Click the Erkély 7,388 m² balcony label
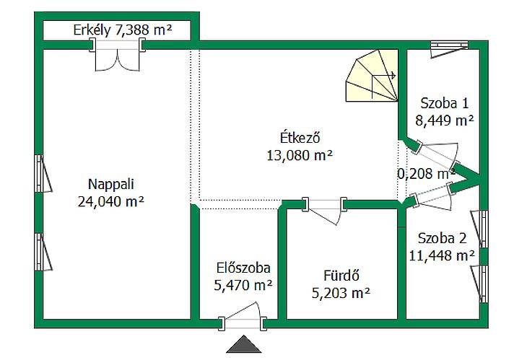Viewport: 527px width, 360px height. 123,30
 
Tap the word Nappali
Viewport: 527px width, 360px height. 111,185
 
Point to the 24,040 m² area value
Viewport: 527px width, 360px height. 111,202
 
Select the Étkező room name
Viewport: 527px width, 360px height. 300,138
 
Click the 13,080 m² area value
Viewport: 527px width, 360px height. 300,156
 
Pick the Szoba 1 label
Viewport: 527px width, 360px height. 444,103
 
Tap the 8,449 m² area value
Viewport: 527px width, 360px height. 444,120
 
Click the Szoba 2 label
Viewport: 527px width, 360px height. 443,238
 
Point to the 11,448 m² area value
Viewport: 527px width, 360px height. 443,256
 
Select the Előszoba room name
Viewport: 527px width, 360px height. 243,268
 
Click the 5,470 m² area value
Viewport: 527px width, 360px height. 243,286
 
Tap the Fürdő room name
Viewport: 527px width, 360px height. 341,276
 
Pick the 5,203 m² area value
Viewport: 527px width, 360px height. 341,293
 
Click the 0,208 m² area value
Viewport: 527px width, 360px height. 426,174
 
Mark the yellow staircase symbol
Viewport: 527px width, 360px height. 372,76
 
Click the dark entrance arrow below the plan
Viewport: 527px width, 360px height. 244,344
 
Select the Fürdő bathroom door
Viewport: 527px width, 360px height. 325,210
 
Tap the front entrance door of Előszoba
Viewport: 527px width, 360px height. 243,317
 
